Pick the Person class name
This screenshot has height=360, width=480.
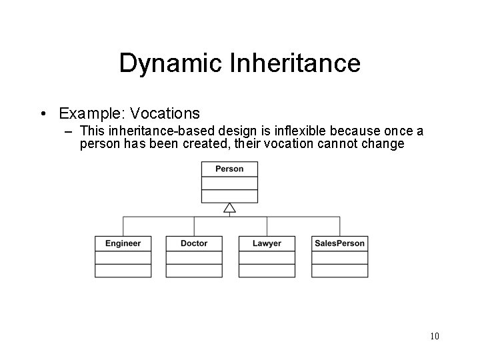[229, 169]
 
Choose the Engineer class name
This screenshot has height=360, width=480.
[123, 243]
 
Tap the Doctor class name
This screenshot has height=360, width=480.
[194, 243]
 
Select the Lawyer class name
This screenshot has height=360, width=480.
[267, 243]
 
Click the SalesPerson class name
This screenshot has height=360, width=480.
[339, 243]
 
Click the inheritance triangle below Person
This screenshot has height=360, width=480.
[229, 209]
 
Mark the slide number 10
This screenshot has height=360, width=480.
[434, 335]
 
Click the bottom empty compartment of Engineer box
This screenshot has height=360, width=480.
[123, 271]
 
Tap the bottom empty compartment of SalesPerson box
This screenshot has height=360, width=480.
[339, 271]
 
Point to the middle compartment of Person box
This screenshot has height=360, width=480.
[229, 183]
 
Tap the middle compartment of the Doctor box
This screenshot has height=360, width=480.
[194, 257]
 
